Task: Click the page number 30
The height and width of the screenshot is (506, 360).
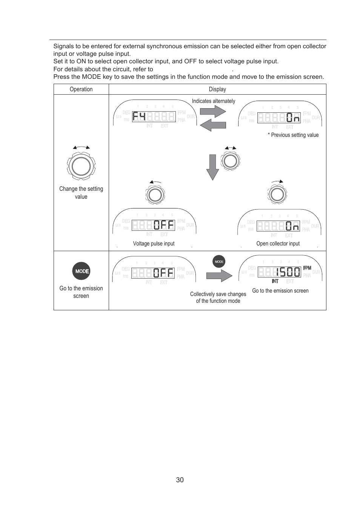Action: tap(180, 480)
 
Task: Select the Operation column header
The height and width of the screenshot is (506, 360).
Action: tap(81, 89)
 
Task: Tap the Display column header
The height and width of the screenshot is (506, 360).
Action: tap(217, 89)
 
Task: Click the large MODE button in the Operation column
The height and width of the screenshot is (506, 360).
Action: tap(81, 271)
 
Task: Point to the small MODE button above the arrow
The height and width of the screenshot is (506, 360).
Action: tap(219, 261)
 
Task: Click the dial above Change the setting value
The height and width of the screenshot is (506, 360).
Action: tap(81, 166)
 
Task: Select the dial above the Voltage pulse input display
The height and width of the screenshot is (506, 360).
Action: tap(155, 195)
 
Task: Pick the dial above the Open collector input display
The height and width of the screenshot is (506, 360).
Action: tap(277, 194)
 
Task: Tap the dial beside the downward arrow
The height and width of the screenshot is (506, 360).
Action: tap(230, 161)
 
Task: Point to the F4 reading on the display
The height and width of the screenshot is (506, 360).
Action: tap(139, 117)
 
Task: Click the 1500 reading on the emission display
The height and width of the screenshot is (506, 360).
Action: tap(288, 272)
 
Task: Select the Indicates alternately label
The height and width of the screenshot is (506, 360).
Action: tap(213, 101)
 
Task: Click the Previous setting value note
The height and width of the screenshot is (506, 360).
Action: tap(293, 135)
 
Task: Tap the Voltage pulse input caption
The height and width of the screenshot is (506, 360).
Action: tap(154, 244)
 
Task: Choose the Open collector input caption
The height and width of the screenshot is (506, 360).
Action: tap(278, 244)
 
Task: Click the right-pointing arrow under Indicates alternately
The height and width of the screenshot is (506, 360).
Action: tap(212, 111)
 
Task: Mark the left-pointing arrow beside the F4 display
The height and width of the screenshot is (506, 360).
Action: tap(213, 125)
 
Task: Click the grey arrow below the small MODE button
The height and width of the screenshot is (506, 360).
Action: tap(219, 276)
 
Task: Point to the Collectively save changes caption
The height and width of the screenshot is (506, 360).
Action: tap(218, 297)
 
